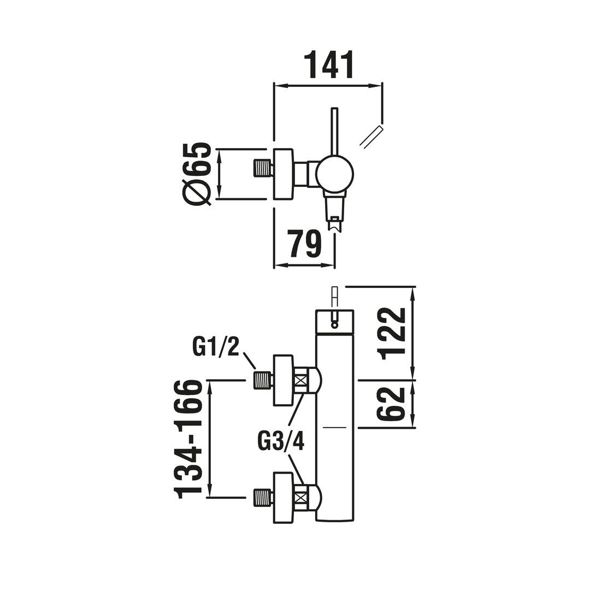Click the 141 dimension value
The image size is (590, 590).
click(x=331, y=64)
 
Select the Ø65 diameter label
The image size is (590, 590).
click(x=197, y=174)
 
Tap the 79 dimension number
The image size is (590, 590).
click(x=304, y=243)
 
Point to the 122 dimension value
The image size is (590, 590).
click(x=391, y=333)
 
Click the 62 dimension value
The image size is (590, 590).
click(x=391, y=404)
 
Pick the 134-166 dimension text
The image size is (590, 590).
click(x=188, y=438)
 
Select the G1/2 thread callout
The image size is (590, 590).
click(x=216, y=347)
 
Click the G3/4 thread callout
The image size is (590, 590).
click(x=280, y=440)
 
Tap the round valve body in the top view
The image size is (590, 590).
click(x=334, y=174)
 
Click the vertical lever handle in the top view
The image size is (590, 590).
click(x=334, y=131)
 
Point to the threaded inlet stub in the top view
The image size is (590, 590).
click(x=262, y=168)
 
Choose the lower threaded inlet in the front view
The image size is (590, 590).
click(x=262, y=497)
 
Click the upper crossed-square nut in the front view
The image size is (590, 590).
click(x=300, y=380)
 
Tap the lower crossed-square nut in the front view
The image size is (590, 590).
click(x=300, y=498)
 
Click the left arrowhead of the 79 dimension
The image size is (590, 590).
click(x=281, y=265)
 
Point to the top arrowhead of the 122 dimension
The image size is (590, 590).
click(x=412, y=294)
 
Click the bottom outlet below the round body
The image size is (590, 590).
click(x=334, y=213)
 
